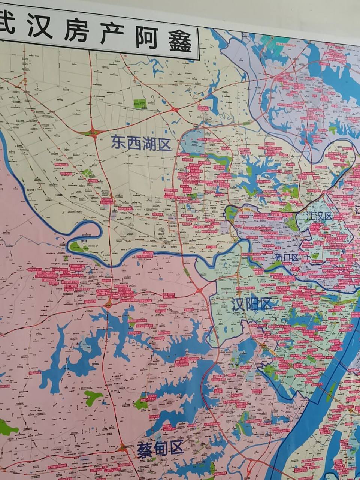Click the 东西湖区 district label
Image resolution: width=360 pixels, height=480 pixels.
(140, 143)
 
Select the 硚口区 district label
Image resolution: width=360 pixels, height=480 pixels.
(287, 257)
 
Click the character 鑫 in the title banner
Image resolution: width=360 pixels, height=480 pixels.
(179, 41)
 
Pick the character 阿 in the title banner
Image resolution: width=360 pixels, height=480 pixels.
(144, 39)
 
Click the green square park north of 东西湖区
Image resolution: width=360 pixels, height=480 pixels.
(140, 103)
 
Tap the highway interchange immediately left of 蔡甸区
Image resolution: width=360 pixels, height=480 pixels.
(122, 448)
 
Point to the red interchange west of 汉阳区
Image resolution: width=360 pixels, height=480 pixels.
(199, 290)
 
